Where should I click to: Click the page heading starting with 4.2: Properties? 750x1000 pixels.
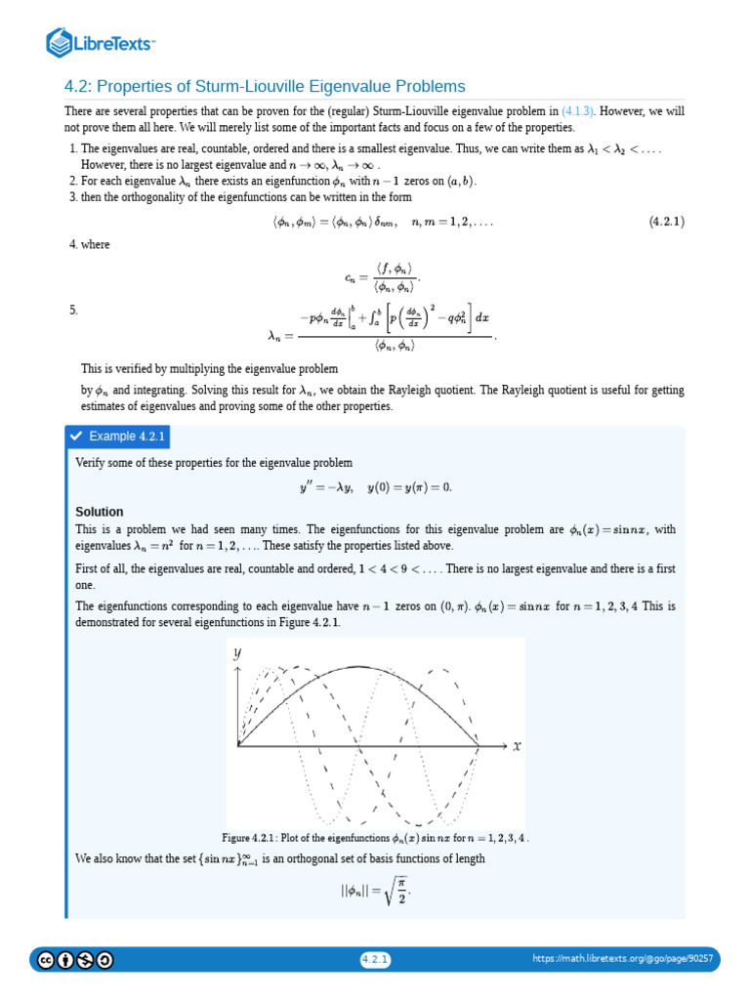coord(265,86)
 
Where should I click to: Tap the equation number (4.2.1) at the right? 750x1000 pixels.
coord(666,222)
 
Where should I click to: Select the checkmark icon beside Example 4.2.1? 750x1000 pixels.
coord(76,436)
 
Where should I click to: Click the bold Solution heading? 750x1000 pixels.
coord(100,512)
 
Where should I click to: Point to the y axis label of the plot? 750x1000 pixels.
coord(237,654)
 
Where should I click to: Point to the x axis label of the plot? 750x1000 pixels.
coord(517,745)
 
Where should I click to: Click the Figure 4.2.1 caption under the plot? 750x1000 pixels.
coord(376,837)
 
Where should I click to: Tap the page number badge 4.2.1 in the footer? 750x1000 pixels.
coord(375,959)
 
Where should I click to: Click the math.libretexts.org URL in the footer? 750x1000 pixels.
coord(622,959)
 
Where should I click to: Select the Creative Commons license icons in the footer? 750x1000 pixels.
coord(75,959)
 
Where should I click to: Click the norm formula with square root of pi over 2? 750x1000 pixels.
coord(375,892)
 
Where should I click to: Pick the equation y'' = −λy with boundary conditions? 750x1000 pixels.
coord(375,486)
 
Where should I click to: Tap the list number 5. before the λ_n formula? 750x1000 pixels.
coord(72,310)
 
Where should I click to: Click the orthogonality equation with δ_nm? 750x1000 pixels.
coord(382,222)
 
